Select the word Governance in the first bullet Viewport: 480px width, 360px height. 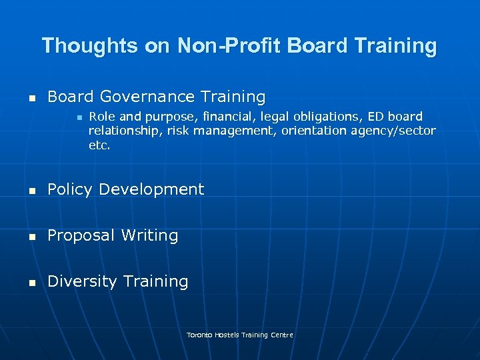(143, 97)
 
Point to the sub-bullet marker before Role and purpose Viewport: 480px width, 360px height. (79, 117)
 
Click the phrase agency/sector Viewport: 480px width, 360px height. (396, 131)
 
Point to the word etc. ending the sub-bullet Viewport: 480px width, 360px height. (99, 145)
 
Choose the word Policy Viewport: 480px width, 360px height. (70, 189)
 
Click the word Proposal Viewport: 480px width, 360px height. (79, 236)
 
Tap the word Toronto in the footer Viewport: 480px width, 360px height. (199, 335)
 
